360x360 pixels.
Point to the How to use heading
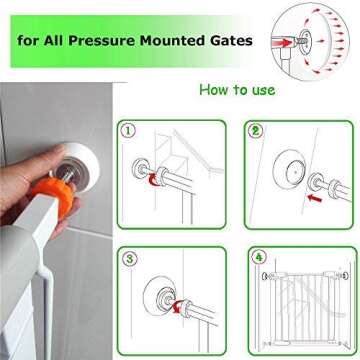point(236,90)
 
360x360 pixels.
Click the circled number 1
point(127,130)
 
